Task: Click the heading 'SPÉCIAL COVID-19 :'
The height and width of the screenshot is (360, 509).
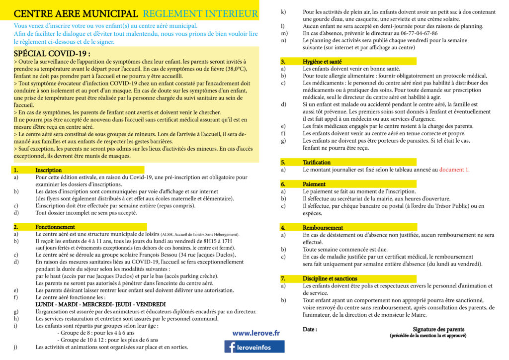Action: pos(52,53)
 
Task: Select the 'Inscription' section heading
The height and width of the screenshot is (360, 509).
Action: pos(49,170)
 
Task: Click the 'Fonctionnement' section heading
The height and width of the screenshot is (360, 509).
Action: pos(55,227)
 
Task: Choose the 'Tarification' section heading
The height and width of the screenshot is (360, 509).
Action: pos(317,162)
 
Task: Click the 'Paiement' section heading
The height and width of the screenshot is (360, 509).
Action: pos(314,184)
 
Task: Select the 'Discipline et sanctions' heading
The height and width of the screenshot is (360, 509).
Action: pos(330,278)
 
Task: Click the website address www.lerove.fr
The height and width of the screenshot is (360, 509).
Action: pos(256,333)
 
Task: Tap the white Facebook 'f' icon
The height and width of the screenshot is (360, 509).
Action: pos(232,347)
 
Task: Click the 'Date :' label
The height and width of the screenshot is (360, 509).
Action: pos(310,329)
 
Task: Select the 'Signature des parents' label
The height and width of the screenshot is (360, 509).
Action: pos(438,329)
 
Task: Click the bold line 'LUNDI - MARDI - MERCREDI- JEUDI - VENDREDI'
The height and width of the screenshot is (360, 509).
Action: pos(100,304)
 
